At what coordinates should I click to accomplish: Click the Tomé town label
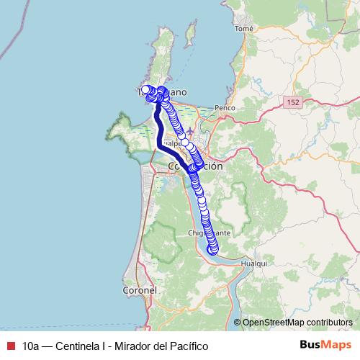pos(244,29)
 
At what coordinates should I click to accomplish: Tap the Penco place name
pos(225,107)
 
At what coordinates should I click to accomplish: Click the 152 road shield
pos(292,104)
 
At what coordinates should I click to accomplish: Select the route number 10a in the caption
pos(31,346)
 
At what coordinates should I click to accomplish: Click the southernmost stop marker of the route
pos(213,250)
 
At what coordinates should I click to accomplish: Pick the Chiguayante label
pos(209,234)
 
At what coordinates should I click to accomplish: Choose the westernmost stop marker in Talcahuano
pos(145,89)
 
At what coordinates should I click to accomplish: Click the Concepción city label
pos(195,166)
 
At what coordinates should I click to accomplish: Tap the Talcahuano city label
pos(162,93)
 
